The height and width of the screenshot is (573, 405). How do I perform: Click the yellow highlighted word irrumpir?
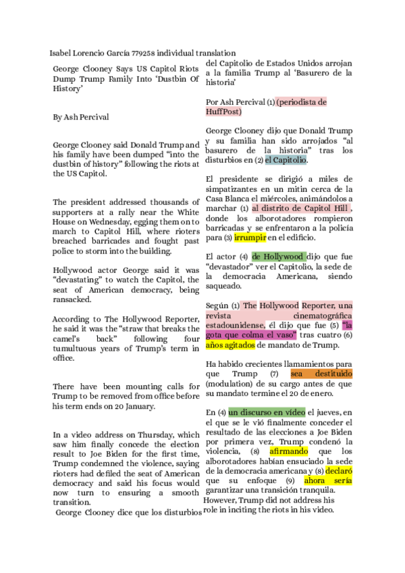coord(250,237)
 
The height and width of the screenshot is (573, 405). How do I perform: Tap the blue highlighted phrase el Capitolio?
coord(286,160)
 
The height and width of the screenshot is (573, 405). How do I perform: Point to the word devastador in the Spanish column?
coord(233,266)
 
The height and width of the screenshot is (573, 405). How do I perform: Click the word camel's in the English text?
coord(67,337)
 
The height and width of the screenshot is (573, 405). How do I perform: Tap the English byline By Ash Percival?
coord(81,117)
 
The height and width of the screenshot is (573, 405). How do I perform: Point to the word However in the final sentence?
coord(221,500)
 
